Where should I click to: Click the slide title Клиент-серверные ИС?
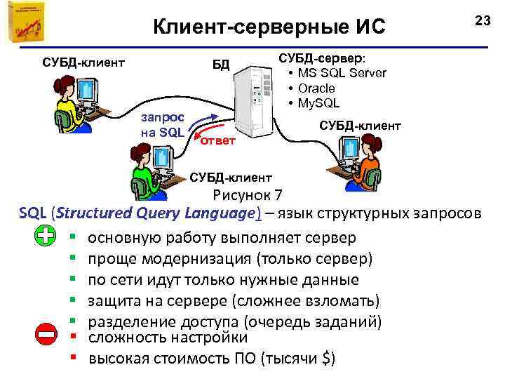tap(269, 27)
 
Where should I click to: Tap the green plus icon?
tap(46, 237)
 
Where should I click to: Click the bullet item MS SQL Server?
tap(342, 73)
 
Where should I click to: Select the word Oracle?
tap(316, 88)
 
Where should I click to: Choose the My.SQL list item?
tap(318, 103)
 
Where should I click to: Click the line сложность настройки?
tap(168, 338)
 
